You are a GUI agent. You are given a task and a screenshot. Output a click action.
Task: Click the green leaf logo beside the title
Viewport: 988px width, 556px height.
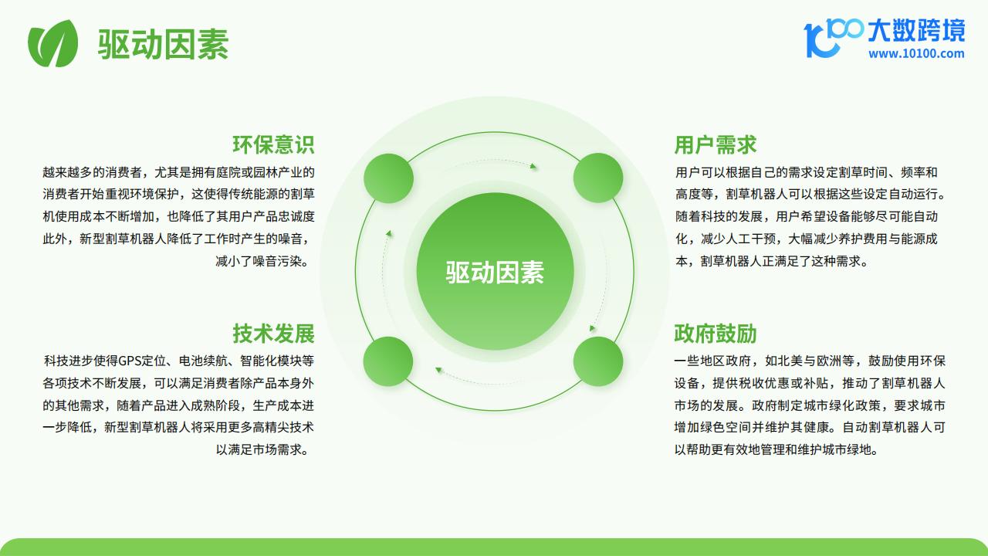pos(53,43)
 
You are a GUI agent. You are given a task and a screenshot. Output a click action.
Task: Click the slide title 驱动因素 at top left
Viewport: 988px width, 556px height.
pos(163,44)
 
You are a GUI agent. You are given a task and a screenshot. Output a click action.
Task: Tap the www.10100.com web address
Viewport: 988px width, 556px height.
pos(916,54)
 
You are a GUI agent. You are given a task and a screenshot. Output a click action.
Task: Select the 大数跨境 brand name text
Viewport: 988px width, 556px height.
pos(916,30)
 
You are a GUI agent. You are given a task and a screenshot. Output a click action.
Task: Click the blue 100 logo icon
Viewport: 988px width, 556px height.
pos(833,38)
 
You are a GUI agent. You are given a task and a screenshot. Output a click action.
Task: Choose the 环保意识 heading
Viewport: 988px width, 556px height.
pos(273,144)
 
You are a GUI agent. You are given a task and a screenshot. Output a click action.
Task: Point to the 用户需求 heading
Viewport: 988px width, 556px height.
pos(716,144)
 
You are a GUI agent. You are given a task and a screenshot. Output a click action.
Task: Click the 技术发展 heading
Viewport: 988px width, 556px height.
pos(273,333)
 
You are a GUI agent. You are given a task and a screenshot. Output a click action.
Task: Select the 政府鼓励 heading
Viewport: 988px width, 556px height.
pos(716,333)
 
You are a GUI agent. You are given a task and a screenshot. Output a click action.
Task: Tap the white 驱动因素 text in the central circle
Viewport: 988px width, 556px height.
pos(495,273)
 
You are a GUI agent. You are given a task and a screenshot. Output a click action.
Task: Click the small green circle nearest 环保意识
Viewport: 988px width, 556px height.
pos(388,178)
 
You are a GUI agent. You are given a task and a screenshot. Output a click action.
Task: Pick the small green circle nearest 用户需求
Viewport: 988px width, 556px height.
pos(598,178)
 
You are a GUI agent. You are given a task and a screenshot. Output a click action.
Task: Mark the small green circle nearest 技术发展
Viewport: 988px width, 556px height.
pos(388,361)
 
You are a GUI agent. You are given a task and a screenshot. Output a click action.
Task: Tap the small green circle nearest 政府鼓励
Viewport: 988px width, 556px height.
pos(598,361)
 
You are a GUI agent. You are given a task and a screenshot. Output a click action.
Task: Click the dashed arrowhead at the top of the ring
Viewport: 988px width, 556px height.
pos(533,166)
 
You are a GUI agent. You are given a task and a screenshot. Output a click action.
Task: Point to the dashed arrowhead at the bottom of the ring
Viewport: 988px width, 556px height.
pos(438,370)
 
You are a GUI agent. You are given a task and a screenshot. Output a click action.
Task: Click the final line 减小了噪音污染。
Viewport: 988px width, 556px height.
pos(263,261)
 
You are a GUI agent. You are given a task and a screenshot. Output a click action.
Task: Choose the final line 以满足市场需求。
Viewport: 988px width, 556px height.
pos(263,449)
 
